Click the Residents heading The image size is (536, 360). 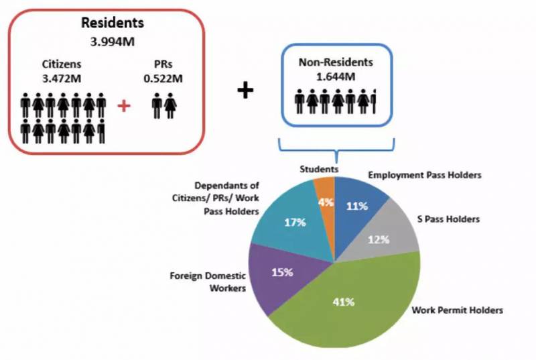coord(103,23)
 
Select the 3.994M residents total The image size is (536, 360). coord(103,42)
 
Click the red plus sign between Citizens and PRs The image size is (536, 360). coord(123,106)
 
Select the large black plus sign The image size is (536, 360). coord(247,91)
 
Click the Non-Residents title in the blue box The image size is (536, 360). coord(335,61)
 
